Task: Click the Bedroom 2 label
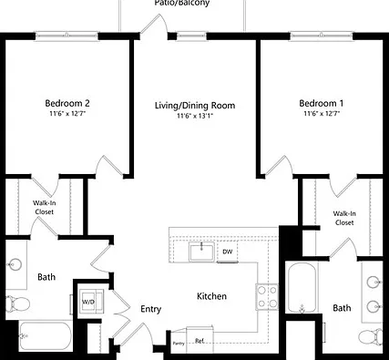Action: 67,103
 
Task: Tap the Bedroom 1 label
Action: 322,103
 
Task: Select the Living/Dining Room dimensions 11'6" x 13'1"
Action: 195,116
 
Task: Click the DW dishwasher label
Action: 228,252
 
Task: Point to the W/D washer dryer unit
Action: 91,302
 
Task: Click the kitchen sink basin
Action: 201,252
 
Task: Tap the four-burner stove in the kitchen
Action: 267,297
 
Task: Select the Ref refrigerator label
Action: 200,341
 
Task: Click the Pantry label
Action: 179,344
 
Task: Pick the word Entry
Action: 151,309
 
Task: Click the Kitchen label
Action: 211,296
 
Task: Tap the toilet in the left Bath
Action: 17,303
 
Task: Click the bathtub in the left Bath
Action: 46,336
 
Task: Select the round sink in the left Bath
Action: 15,264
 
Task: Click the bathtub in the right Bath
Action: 302,287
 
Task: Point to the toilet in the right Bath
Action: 371,336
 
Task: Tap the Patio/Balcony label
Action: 182,3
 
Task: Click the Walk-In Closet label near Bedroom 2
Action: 45,207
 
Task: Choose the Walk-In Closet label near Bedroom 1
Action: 344,218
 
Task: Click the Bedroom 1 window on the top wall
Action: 322,36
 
